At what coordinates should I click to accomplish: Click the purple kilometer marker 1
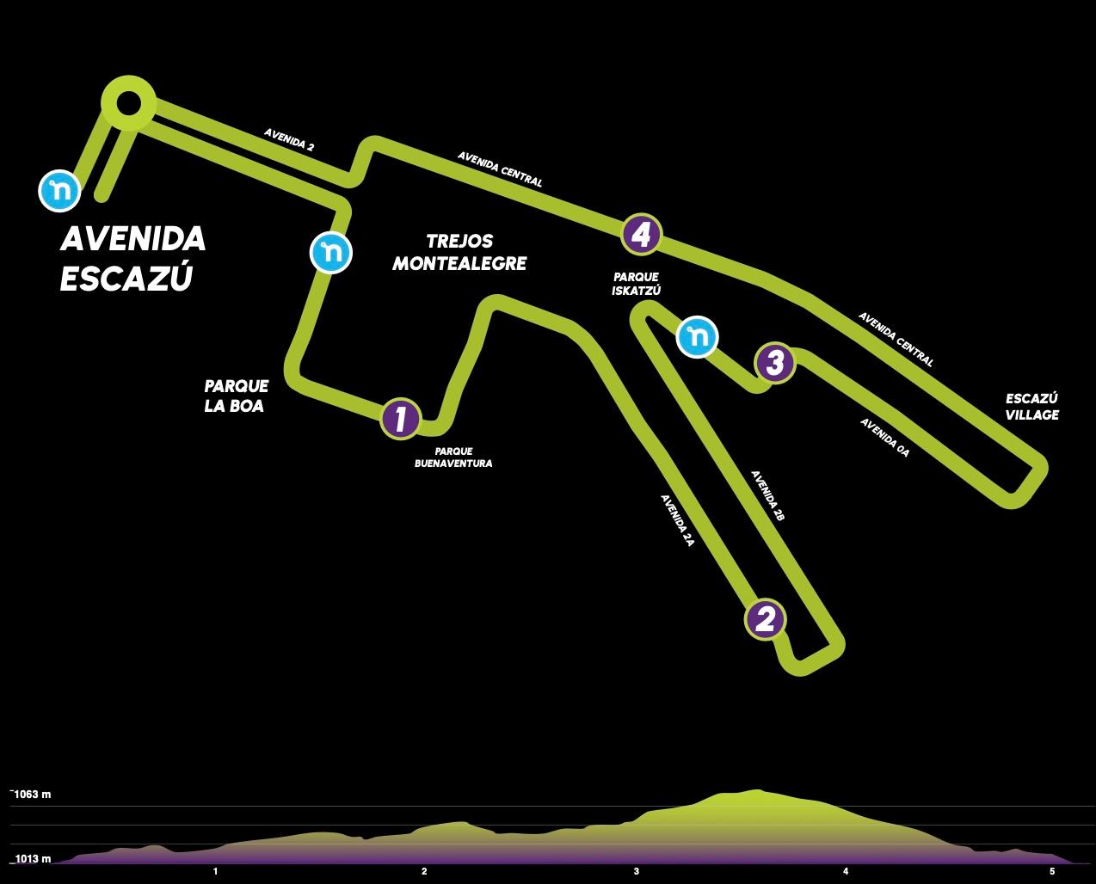401,419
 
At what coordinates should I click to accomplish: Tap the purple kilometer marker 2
765,619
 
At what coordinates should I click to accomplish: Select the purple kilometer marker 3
774,363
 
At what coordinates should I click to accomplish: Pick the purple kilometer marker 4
641,234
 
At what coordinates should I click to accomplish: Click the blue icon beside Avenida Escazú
59,191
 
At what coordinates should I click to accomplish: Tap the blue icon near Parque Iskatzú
697,336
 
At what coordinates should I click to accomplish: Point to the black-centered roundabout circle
128,103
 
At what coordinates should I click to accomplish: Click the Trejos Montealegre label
459,252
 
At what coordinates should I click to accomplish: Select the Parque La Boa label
237,396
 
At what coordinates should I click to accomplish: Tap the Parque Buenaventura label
453,457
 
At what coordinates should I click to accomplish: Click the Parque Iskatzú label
636,284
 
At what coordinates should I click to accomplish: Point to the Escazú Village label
1031,407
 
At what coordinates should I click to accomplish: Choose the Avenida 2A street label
677,520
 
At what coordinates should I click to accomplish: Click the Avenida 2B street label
768,495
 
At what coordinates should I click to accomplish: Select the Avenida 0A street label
884,438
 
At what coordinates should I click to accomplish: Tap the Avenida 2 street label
289,139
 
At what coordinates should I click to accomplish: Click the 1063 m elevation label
31,794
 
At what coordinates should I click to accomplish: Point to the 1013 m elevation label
32,858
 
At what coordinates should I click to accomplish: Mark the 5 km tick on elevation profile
1052,871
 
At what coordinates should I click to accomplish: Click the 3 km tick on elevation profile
636,871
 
